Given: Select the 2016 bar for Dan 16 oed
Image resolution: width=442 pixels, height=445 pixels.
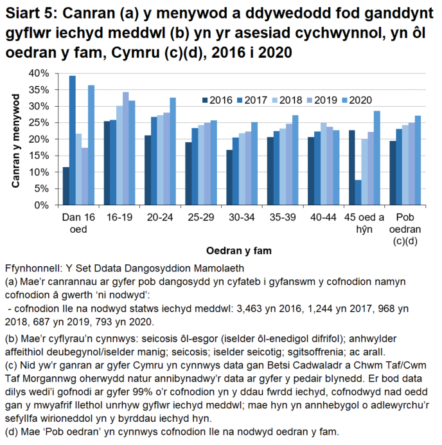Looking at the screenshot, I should [66, 186].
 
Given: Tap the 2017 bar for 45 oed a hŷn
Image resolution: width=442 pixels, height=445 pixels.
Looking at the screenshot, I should [358, 192].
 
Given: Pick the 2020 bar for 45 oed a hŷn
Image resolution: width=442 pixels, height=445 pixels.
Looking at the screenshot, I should [377, 158].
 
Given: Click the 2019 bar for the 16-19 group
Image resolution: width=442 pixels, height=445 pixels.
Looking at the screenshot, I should [125, 149].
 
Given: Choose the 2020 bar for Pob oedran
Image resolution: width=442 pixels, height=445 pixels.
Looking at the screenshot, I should [418, 160].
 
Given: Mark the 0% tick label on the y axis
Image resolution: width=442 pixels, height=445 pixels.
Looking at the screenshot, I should [41, 205].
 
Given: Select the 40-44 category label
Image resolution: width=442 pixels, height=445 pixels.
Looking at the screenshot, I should [321, 218].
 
